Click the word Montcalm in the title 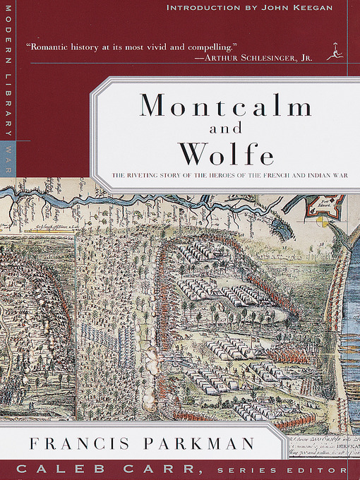pyautogui.click(x=225, y=106)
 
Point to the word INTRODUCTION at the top pyautogui.click(x=200, y=8)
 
